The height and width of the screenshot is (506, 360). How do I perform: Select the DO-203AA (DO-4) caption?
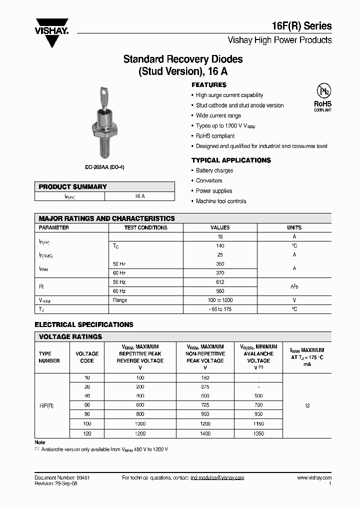coord(104,167)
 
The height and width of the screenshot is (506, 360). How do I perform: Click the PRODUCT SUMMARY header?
coord(73,186)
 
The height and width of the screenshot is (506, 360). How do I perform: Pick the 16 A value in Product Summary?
coord(139,196)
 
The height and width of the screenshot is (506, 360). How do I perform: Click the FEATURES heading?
coord(209,85)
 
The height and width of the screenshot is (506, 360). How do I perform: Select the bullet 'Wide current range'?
coord(218,115)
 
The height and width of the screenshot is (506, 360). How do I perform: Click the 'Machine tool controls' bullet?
coord(221,201)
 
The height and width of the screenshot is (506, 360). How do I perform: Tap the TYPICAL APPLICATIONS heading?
coord(231,160)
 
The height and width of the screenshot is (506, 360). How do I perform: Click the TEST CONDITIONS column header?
coord(145,227)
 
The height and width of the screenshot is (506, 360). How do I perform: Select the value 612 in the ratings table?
coord(220,282)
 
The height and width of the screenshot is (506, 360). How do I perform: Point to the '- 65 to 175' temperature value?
coord(220,309)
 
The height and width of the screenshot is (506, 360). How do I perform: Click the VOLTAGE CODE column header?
coord(87,357)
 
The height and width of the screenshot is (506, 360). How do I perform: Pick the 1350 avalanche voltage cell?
coord(258,433)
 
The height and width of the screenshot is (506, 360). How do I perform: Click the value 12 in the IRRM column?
coord(307,405)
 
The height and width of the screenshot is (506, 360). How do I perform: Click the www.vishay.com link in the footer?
coord(314,478)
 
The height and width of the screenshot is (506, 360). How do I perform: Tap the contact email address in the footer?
coord(217,478)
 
